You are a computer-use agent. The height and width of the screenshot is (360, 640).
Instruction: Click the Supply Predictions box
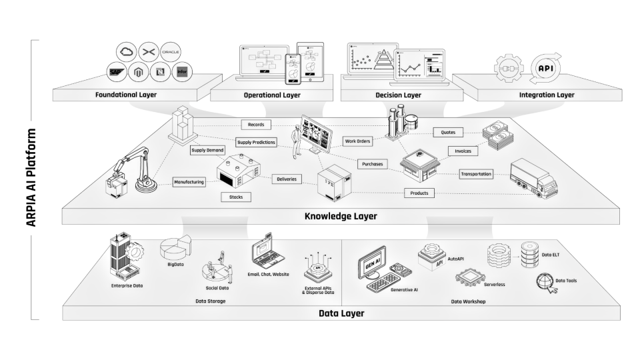[x=256, y=142]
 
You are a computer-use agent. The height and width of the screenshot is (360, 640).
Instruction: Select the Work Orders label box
[x=358, y=141]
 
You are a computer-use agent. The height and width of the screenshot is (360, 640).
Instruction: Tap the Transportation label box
[x=476, y=174]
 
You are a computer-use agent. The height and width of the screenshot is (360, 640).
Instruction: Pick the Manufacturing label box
[x=189, y=181]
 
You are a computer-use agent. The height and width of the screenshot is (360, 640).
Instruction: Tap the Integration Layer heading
[x=547, y=95]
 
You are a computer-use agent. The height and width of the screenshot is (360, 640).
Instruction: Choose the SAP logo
[x=117, y=71]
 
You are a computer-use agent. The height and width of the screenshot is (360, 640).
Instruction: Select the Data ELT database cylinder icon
[x=531, y=254]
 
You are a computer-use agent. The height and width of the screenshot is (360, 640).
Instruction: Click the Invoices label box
[x=463, y=151]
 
